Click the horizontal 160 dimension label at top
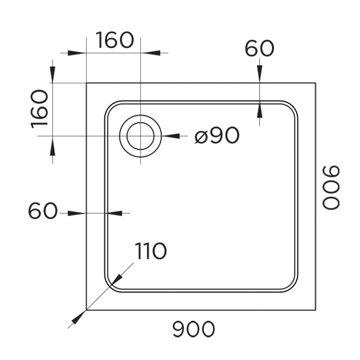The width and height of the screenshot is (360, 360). coord(114,40)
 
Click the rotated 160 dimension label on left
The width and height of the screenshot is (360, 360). coord(40,109)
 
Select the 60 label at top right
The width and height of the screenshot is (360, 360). coord(260,49)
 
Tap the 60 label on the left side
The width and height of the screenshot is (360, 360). coord(42,211)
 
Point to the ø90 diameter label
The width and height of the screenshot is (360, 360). coord(217,135)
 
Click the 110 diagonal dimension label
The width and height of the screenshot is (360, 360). coord(150,251)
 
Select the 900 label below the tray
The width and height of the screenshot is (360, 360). coord(194,329)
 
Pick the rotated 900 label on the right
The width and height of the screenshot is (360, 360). coord(331,187)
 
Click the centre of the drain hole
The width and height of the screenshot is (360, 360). coord(140,136)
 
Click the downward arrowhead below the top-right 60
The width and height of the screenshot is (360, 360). coord(260,74)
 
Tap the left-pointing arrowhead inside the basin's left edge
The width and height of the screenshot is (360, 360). coord(115,213)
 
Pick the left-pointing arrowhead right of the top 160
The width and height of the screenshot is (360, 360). coord(150,53)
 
